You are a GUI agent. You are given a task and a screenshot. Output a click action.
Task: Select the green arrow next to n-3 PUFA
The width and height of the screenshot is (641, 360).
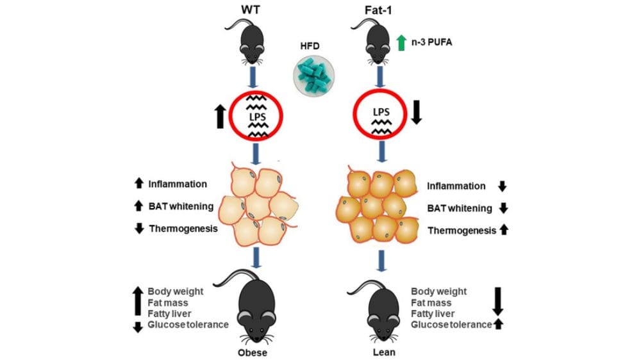(401, 44)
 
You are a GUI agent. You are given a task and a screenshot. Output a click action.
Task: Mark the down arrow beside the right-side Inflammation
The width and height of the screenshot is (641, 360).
(503, 186)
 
